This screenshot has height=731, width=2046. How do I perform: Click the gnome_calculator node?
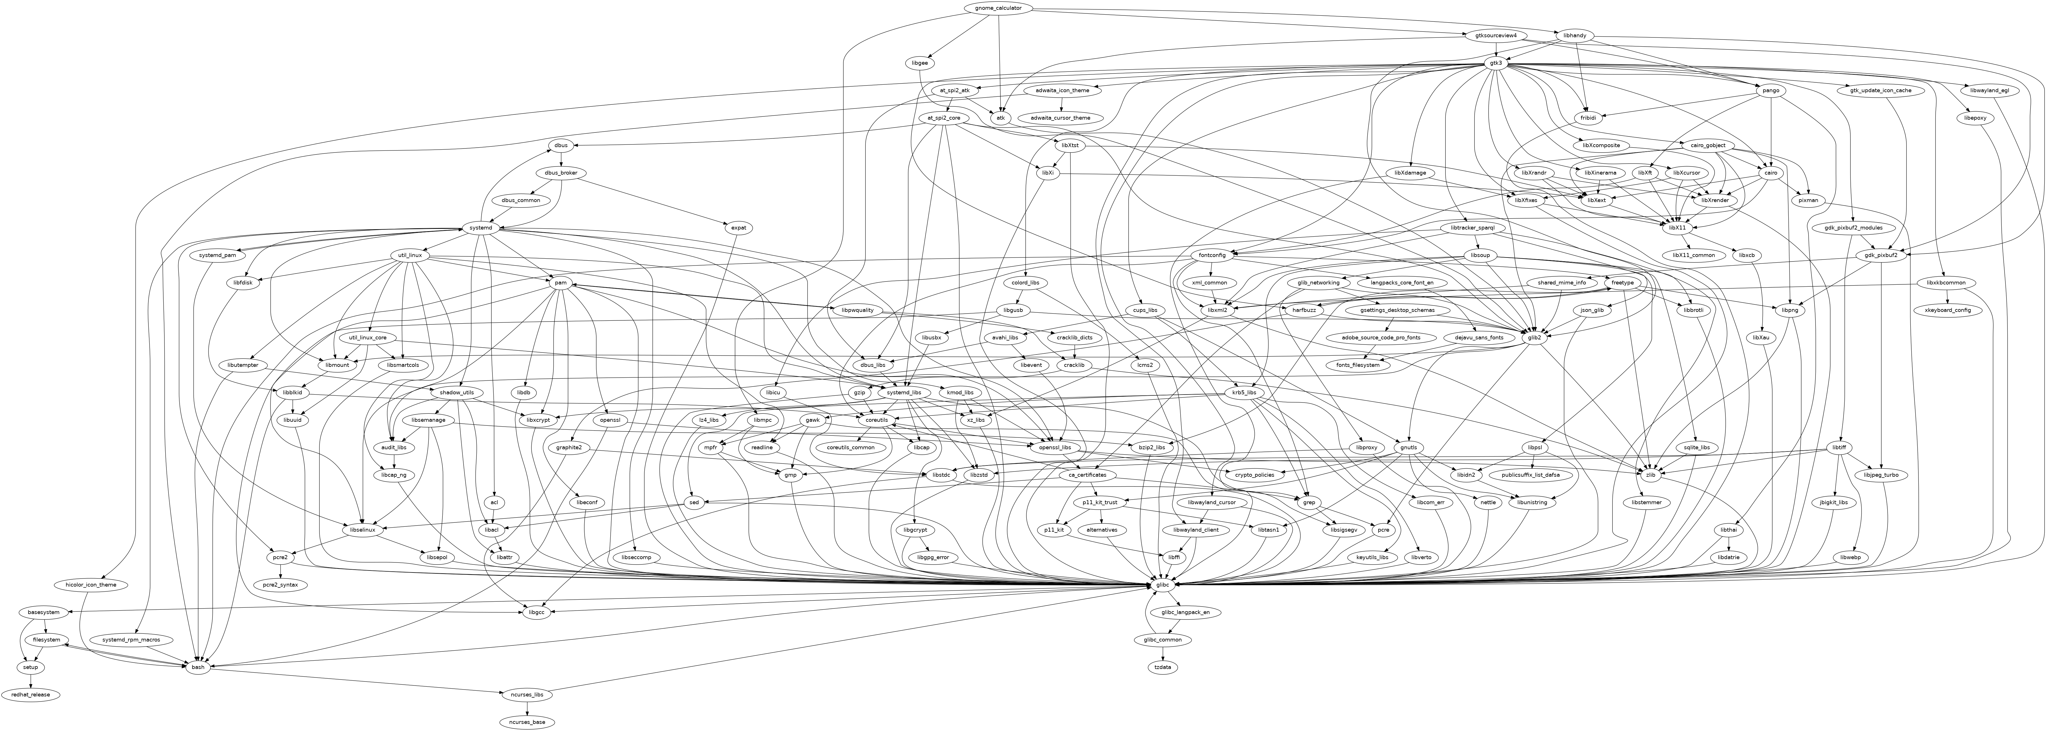click(998, 8)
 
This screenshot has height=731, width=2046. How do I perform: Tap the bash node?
click(198, 667)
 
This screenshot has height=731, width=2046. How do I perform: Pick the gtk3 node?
click(1495, 63)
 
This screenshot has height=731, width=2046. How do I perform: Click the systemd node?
click(481, 228)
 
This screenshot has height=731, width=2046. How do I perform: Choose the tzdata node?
click(1163, 667)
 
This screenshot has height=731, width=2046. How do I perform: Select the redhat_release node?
click(30, 694)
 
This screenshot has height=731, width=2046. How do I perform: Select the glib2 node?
click(1535, 338)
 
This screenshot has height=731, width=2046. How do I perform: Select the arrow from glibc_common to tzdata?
click(1163, 654)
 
